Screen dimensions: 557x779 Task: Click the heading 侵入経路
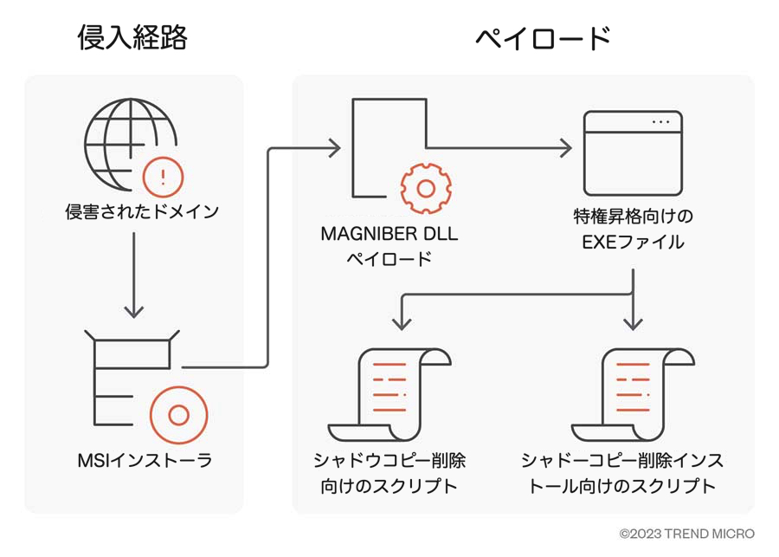pyautogui.click(x=132, y=37)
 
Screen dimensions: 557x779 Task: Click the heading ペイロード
pyautogui.click(x=544, y=38)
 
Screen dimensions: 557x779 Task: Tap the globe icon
pyautogui.click(x=128, y=143)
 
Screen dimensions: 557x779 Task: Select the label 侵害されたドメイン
pyautogui.click(x=141, y=211)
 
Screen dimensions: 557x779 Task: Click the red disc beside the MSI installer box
pyautogui.click(x=178, y=415)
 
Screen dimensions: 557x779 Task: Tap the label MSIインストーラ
pyautogui.click(x=145, y=460)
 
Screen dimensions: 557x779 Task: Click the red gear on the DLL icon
pyautogui.click(x=425, y=186)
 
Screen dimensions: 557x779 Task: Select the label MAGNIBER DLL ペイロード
pyautogui.click(x=389, y=245)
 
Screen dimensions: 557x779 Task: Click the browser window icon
pyautogui.click(x=633, y=153)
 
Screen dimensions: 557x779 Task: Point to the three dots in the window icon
pyautogui.click(x=661, y=122)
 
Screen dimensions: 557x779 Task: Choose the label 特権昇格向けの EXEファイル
pyautogui.click(x=633, y=228)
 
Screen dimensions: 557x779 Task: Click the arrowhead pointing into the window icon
pyautogui.click(x=565, y=149)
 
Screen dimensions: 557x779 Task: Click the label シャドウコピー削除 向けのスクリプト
pyautogui.click(x=389, y=471)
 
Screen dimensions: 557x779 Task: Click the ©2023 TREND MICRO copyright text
pyautogui.click(x=686, y=534)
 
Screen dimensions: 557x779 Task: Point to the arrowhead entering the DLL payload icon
pyautogui.click(x=334, y=149)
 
